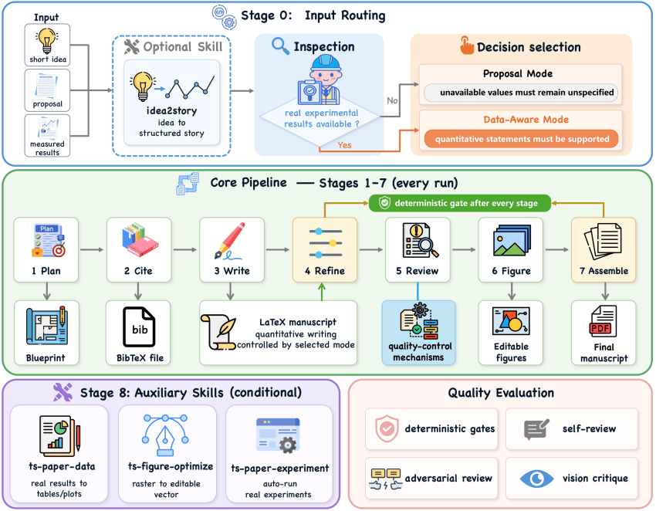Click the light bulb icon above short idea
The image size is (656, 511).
pos(47,41)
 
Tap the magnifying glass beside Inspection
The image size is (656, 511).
pos(280,46)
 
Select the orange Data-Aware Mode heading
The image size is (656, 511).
pos(526,120)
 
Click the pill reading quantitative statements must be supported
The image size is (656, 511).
pos(521,139)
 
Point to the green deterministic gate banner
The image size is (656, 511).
pos(460,203)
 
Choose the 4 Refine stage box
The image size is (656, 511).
pos(325,250)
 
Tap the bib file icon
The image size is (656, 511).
pos(139,327)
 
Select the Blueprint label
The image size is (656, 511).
pos(46,358)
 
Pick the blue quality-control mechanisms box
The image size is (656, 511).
pos(418,333)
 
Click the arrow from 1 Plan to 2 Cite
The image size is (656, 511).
pos(92,250)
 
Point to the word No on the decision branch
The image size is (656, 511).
pos(392,101)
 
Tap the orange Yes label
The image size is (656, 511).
pos(344,145)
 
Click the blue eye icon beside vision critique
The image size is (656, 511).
pos(536,479)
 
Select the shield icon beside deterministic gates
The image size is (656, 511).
pos(387,428)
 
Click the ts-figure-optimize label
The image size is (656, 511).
pos(171,467)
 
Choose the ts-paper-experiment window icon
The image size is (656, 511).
pos(278,435)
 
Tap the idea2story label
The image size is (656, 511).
pos(171,111)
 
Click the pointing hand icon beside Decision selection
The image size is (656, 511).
pos(467,46)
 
